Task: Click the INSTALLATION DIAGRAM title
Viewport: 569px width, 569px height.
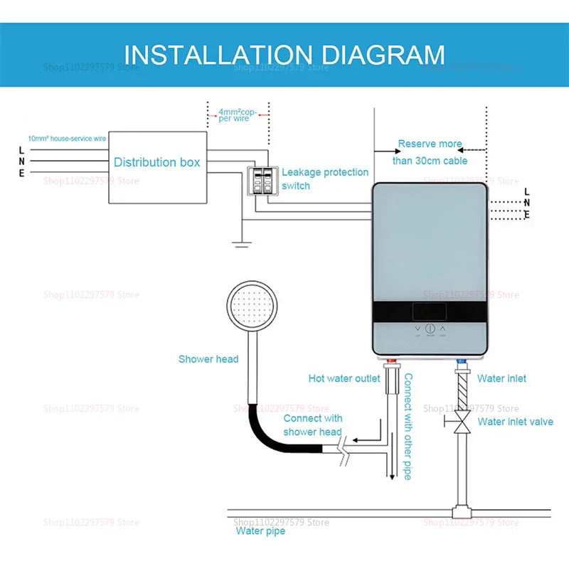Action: tap(284, 55)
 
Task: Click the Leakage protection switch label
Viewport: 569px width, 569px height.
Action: tap(325, 179)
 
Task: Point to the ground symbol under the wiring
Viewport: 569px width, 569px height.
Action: tap(242, 243)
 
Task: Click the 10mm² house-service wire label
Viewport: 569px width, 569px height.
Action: tap(67, 138)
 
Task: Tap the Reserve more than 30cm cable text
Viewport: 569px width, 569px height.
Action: tap(430, 152)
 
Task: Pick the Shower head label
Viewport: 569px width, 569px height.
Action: tap(208, 359)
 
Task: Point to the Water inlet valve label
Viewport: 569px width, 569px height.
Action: tap(514, 422)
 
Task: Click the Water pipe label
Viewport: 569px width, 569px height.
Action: tap(260, 531)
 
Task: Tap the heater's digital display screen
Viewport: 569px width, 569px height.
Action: tap(430, 312)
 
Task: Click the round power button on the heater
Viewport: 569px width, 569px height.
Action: tap(430, 329)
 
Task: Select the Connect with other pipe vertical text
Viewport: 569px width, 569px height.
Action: tap(408, 427)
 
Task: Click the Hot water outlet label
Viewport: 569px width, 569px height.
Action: tap(344, 378)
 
